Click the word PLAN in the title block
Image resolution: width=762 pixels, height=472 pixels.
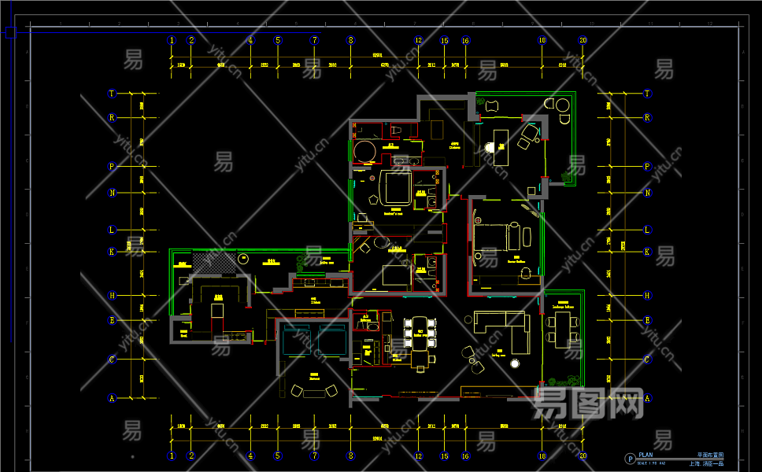pos(645,455)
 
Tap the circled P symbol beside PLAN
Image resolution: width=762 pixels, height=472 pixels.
pos(630,459)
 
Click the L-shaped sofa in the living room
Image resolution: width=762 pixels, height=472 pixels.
pos(505,328)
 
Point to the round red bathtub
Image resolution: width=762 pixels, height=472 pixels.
pos(364,151)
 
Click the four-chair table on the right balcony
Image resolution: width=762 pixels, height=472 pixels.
pos(562,328)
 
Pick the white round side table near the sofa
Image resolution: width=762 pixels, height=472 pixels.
pos(515,363)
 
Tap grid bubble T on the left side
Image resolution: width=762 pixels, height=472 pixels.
pos(112,94)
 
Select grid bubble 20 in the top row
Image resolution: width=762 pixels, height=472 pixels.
pos(583,40)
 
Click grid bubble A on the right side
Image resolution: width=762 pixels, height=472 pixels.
pos(648,398)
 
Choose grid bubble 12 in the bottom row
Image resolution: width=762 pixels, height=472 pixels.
pos(419,455)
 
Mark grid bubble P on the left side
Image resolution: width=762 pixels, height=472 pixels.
pos(112,167)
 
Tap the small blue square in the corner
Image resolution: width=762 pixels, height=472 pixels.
pos(10,32)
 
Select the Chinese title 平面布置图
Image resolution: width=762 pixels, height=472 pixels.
pos(710,455)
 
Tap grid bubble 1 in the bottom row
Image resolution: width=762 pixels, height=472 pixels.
pos(172,455)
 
